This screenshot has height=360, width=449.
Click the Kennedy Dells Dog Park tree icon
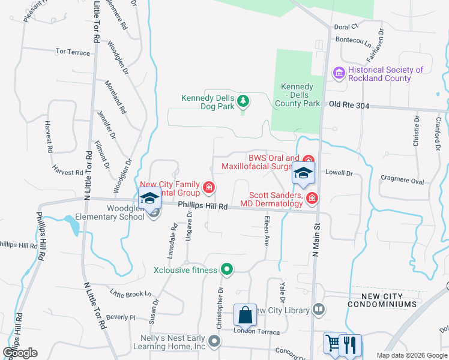(x=243, y=100)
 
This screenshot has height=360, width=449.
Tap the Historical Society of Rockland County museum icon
(x=338, y=73)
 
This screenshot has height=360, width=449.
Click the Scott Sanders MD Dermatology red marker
(x=312, y=197)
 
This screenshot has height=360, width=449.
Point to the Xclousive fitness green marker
(x=226, y=269)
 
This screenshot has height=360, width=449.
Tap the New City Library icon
(x=319, y=310)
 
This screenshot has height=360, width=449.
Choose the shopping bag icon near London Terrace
(x=245, y=314)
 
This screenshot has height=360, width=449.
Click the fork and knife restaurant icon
(x=351, y=344)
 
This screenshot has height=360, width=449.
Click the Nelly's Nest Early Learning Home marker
(x=214, y=342)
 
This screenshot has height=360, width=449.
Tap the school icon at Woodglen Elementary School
(x=149, y=197)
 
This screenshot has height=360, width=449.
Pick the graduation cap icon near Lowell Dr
(x=303, y=173)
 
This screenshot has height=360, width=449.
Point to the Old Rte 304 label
(x=349, y=106)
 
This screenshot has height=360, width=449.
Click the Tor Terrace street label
(x=73, y=53)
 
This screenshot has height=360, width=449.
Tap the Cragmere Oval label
(x=403, y=181)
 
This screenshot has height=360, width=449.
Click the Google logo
(x=20, y=353)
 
